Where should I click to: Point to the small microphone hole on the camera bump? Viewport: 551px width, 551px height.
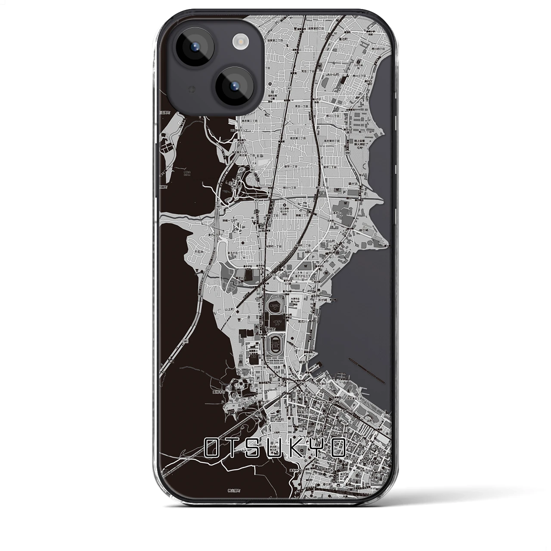pyautogui.click(x=192, y=89)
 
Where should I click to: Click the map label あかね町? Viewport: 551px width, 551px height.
pyautogui.click(x=333, y=74)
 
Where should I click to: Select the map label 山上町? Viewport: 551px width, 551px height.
pyautogui.click(x=229, y=309)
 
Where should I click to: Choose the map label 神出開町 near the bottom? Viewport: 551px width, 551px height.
pyautogui.click(x=235, y=490)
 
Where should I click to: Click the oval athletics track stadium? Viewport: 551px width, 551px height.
pyautogui.click(x=274, y=343)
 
